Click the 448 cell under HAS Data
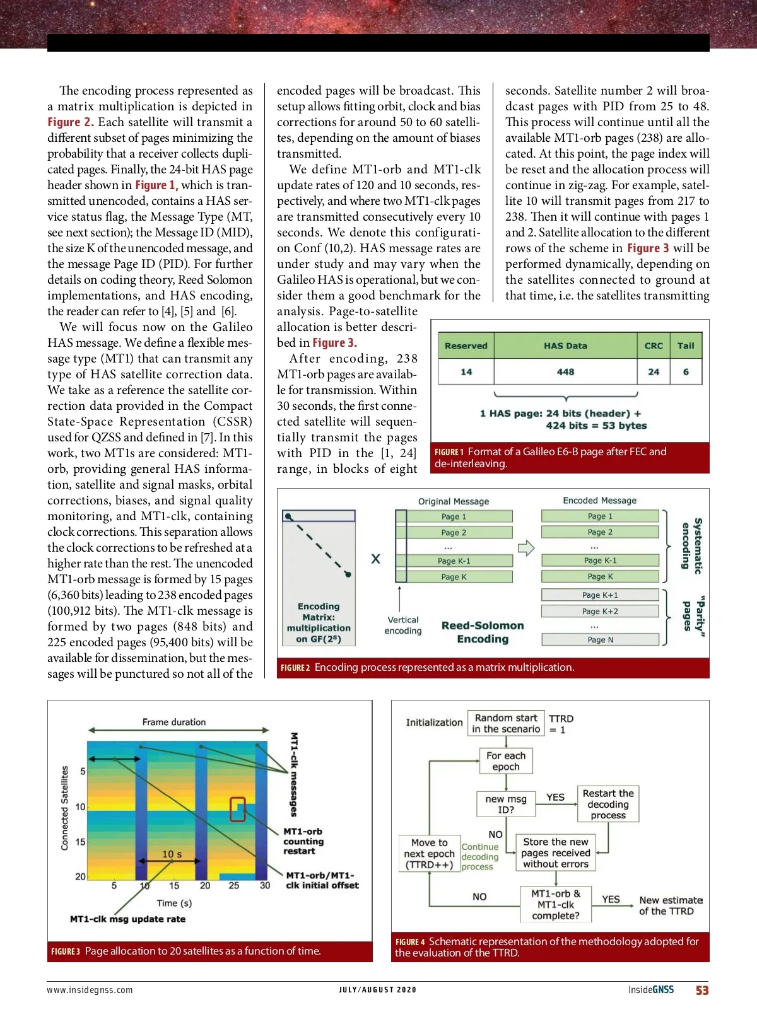coord(565,372)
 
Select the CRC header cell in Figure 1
coord(654,346)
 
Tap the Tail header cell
coord(686,346)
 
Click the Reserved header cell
coord(466,346)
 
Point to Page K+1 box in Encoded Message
coord(600,595)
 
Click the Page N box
coord(600,639)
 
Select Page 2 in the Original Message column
coord(454,532)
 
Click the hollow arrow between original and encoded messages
coord(525,547)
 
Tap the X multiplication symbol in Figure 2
coord(375,559)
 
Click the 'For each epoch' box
coord(506,761)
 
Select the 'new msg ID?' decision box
coord(506,804)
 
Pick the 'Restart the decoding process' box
coord(608,804)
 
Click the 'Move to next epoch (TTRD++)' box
coord(429,853)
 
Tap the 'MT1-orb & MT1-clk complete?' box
coord(555,905)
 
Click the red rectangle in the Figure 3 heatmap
coord(238,810)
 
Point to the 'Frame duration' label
coord(174,722)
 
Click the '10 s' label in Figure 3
coord(172,854)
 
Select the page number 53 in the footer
coord(702,991)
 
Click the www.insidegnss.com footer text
coord(90,990)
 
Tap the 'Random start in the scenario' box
coord(506,723)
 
